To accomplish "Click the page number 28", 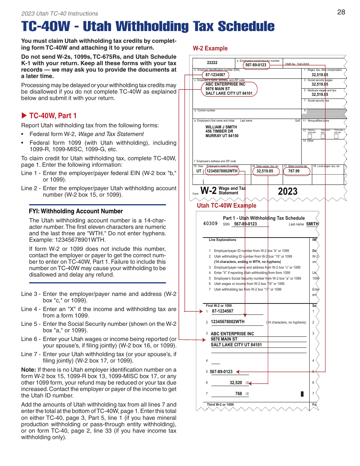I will point(341,12).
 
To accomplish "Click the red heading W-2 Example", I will point(210,48).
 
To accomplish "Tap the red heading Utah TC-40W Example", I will point(227,205).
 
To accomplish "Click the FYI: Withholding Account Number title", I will point(76,211).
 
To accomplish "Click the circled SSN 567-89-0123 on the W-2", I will point(256,65).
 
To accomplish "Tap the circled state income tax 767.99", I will point(294,171).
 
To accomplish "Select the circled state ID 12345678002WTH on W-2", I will point(222,171).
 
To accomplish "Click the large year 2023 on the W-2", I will point(288,191).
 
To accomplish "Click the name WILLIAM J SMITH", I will point(221,127).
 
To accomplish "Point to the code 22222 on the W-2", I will point(212,63).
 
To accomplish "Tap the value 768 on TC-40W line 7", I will point(238,394).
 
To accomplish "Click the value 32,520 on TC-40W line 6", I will point(236,383).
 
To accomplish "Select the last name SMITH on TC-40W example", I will point(312,224).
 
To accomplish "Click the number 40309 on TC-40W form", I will point(210,224).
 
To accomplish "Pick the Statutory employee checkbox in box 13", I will point(310,136).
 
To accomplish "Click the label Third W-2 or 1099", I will point(220,405).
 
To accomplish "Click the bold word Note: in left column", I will point(28,370).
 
